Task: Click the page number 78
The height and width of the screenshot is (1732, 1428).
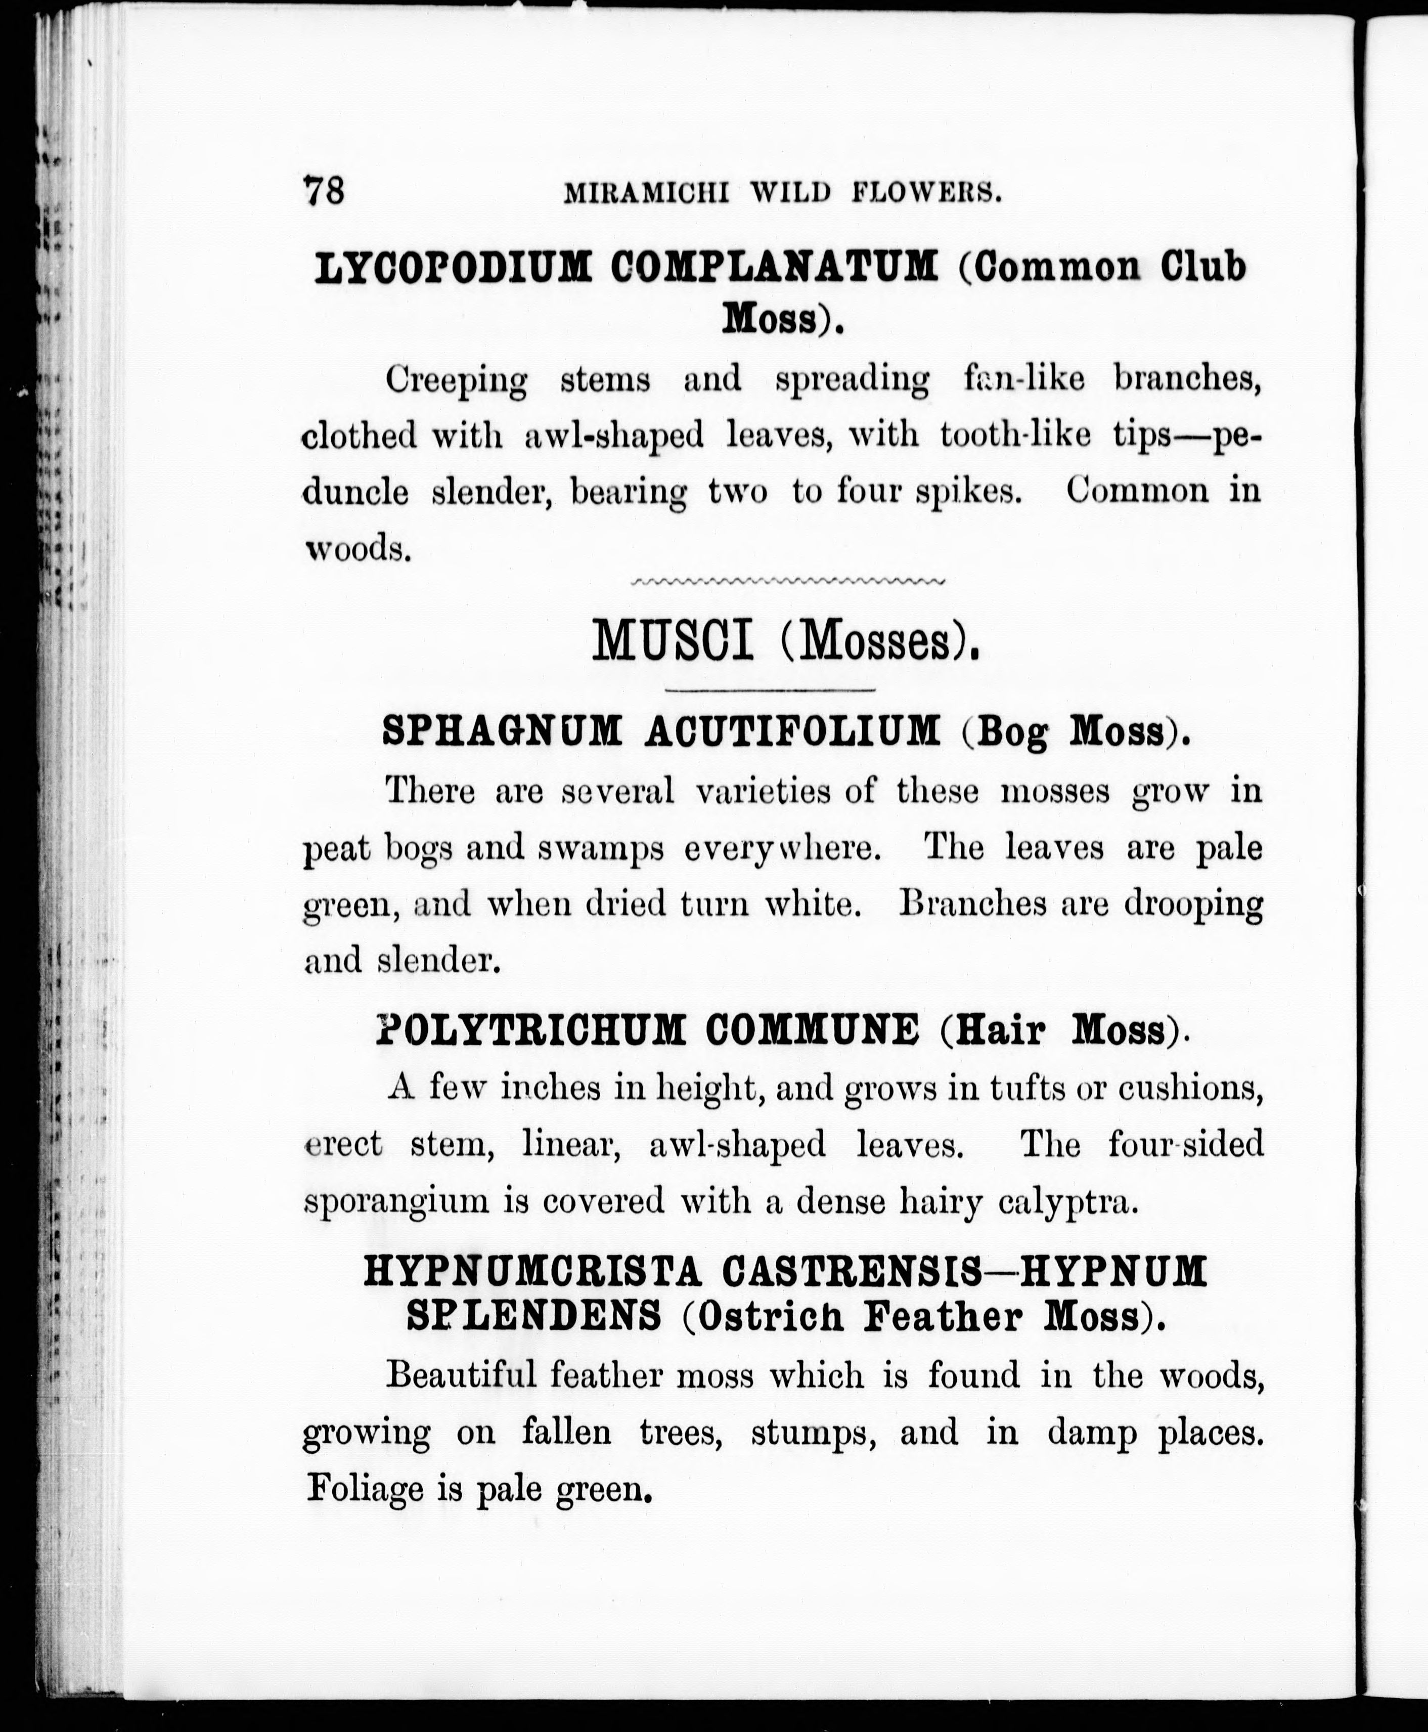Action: (324, 191)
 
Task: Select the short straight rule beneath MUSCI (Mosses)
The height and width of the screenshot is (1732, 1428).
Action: (769, 688)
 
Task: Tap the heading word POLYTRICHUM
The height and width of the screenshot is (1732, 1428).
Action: (530, 1030)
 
